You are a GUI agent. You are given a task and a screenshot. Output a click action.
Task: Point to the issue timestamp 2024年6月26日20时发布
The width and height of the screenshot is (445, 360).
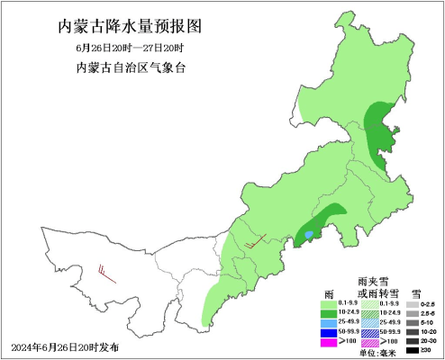(65, 347)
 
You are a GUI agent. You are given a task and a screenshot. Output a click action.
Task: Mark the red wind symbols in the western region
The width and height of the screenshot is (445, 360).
(107, 273)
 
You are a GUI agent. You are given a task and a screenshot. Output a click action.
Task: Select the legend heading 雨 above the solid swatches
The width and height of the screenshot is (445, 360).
(330, 295)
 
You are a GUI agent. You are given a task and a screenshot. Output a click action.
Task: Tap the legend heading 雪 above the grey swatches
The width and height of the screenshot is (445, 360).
(415, 295)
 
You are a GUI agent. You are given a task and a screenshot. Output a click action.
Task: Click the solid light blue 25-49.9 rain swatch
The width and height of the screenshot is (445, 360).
(330, 322)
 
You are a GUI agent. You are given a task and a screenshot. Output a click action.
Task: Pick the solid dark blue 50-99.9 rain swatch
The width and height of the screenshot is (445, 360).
(330, 332)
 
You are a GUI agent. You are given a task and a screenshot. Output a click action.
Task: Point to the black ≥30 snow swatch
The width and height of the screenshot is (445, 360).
(412, 351)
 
